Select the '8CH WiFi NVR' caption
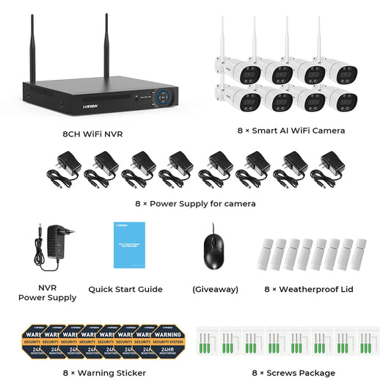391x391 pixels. point(93,134)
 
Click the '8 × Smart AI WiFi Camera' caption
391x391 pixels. point(292,131)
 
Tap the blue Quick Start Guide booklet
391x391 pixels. point(128,244)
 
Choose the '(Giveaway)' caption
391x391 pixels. point(215,289)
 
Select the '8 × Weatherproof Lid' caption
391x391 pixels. point(309,289)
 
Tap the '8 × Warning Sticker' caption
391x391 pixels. point(104,373)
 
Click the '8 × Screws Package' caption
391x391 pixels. point(294,373)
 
